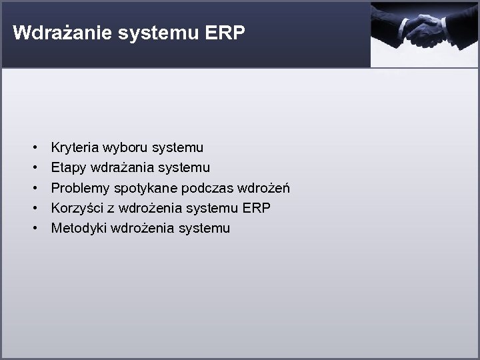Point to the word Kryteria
(x=75, y=147)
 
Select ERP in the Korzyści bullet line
(x=257, y=208)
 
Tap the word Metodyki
(x=79, y=228)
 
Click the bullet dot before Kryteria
(x=33, y=147)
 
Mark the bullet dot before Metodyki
(x=33, y=228)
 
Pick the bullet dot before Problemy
(x=33, y=188)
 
